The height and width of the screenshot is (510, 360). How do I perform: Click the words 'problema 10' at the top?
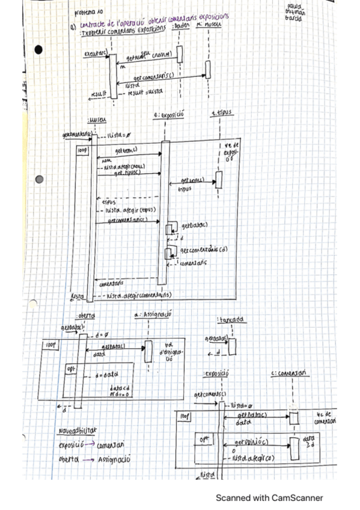(87, 11)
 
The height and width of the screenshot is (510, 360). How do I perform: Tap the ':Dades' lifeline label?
(180, 26)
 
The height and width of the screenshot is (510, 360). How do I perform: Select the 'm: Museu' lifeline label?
(209, 26)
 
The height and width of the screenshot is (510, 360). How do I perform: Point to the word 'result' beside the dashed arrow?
(98, 93)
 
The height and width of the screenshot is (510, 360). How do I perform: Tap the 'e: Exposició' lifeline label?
(168, 114)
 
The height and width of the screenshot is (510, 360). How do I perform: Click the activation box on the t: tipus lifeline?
(219, 179)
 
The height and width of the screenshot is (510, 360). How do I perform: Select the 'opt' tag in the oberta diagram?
(71, 368)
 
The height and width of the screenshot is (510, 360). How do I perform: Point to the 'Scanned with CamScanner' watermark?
(270, 497)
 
